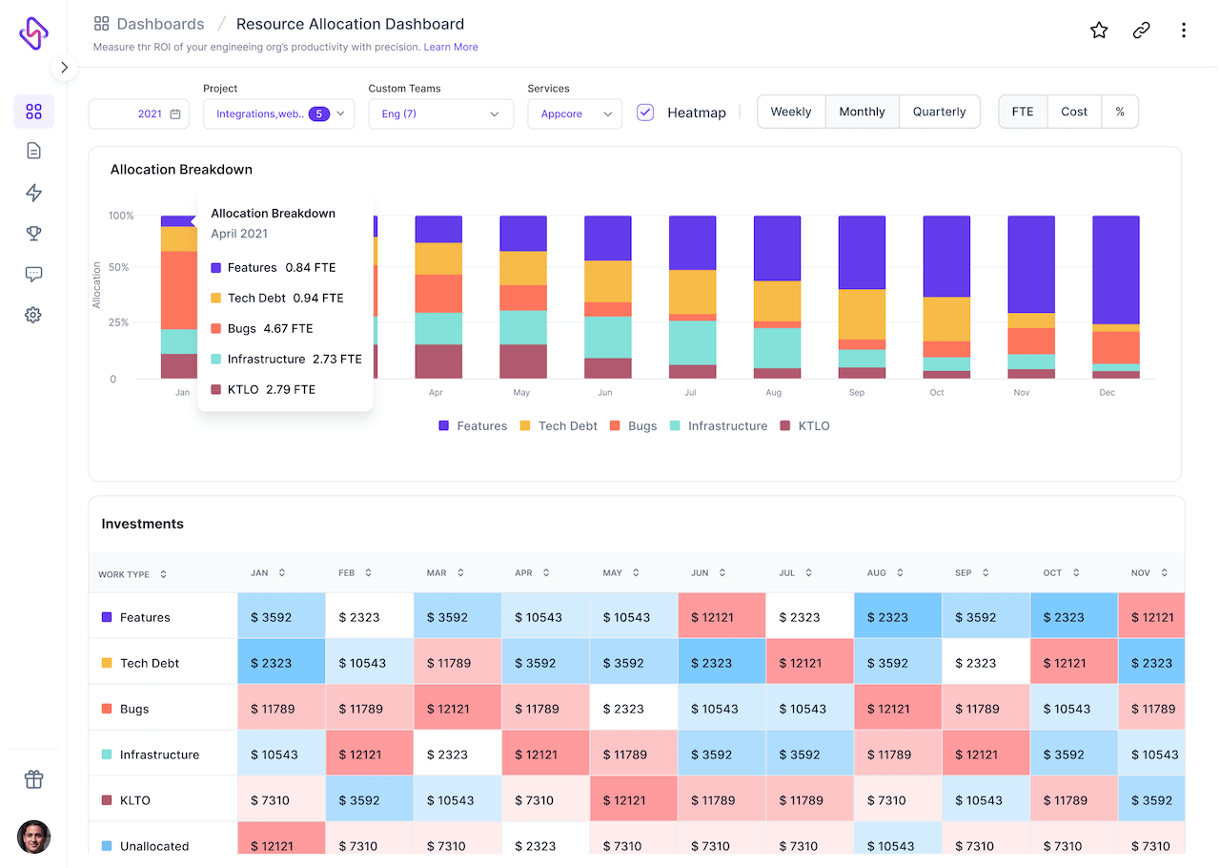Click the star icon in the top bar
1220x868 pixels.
point(1099,31)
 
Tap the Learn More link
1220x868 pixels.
point(451,47)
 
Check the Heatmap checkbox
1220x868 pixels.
point(645,112)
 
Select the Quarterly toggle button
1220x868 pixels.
point(939,112)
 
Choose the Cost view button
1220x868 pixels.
point(1074,112)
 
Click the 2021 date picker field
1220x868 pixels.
point(137,114)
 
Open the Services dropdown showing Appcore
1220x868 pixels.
point(575,114)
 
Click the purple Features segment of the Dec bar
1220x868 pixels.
point(1116,269)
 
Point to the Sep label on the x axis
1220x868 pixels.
point(856,393)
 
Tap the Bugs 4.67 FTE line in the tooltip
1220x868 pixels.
point(271,328)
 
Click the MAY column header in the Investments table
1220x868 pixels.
point(613,573)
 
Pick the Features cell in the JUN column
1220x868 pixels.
point(722,617)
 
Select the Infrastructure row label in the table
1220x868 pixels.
point(159,754)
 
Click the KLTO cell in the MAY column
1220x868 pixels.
point(634,800)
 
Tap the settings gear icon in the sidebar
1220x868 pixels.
point(33,315)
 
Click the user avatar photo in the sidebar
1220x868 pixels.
point(33,837)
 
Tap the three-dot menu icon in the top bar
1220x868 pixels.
point(1183,31)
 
